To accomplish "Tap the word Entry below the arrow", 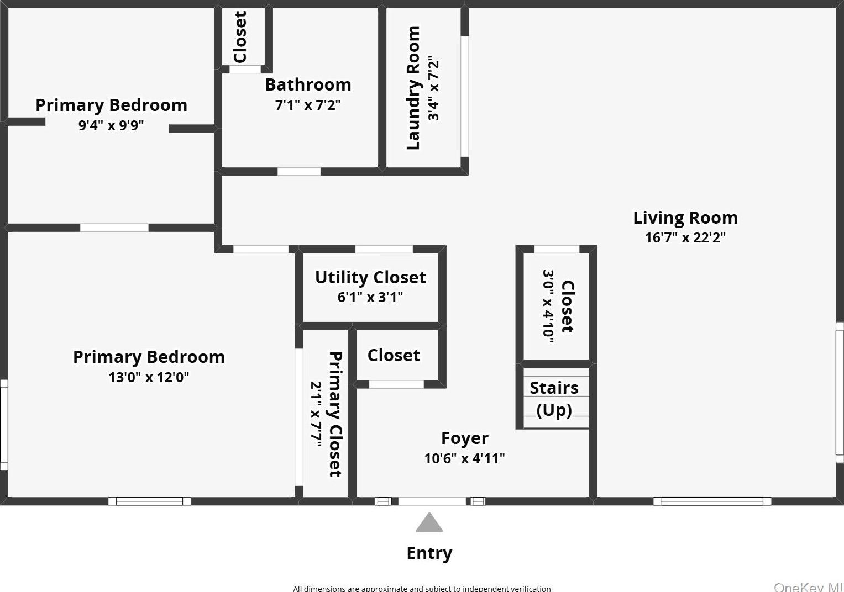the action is tap(429, 553).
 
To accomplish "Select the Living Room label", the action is tap(685, 218).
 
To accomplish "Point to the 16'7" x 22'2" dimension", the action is tap(685, 237).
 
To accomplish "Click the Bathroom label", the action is tap(308, 84).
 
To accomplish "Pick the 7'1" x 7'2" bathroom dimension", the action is tap(308, 105).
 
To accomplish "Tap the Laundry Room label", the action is tap(413, 88).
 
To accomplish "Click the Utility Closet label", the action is tap(370, 277).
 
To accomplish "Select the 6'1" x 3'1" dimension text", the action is tap(370, 297).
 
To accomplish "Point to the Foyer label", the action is tap(465, 438).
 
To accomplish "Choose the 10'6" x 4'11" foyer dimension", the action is tap(465, 458).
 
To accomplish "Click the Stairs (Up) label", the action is tap(554, 399).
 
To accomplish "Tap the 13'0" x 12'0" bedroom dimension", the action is tap(149, 377).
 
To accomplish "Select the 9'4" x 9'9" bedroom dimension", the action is tap(111, 125).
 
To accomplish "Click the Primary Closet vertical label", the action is tap(335, 414).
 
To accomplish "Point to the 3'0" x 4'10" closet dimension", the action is tap(548, 306).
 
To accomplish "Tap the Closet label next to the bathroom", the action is tap(240, 37).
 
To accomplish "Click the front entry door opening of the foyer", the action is tap(432, 501).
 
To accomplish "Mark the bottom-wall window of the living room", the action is tap(712, 501).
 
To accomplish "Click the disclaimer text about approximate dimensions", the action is tap(422, 588).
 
